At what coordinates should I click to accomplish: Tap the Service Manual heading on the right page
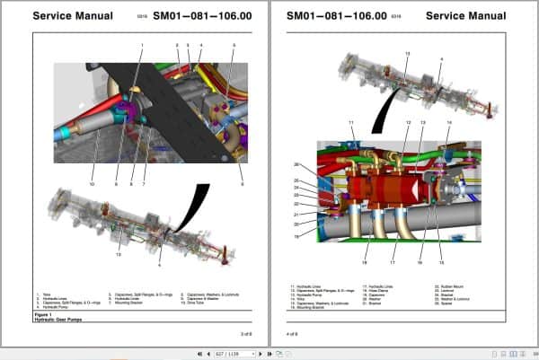466,15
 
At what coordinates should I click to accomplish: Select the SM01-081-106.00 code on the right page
336,15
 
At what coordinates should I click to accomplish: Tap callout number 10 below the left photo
92,184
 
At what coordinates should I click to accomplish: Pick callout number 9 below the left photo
242,184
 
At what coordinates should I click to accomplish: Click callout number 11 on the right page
351,121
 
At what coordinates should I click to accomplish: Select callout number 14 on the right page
448,121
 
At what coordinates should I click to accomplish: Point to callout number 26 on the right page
322,164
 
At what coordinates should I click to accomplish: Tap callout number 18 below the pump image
365,262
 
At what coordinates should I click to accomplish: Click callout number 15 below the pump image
441,262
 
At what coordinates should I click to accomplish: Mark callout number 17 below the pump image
392,262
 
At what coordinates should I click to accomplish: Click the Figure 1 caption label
45,315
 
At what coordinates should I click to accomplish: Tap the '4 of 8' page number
292,334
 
